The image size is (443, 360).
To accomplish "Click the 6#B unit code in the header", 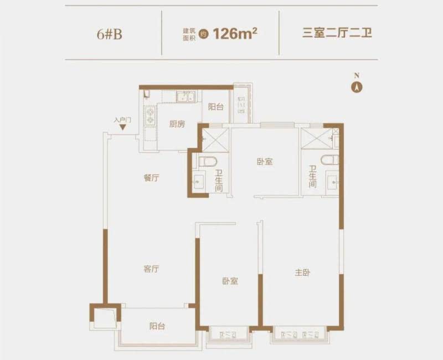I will [x=109, y=33].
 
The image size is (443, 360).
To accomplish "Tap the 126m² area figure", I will [x=236, y=33].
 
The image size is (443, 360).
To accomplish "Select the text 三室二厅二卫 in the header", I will [x=337, y=33].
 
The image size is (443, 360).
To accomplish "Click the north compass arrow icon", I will [x=358, y=86].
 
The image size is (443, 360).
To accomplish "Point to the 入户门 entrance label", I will [x=122, y=120].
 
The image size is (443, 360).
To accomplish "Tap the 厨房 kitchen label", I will [x=177, y=124].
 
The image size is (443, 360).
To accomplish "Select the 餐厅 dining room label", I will [x=151, y=178].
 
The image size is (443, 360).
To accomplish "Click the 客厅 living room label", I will [x=151, y=269].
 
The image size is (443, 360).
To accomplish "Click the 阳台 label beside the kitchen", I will [x=216, y=107].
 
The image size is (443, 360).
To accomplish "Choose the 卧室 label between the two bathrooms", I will [x=265, y=162].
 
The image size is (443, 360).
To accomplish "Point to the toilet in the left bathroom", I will [x=205, y=161].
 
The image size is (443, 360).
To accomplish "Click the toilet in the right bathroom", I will [x=329, y=160].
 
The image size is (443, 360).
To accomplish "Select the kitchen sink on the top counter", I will [x=186, y=98].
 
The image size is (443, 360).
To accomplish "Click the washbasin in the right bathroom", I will [x=332, y=180].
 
